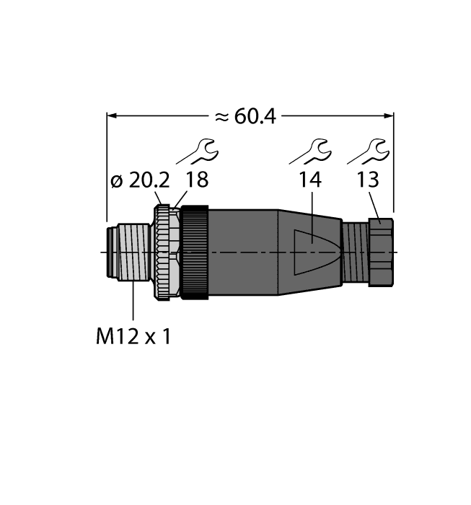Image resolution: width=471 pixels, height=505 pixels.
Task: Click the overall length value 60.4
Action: click(256, 117)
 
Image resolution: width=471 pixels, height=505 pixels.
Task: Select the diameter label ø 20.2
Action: click(136, 181)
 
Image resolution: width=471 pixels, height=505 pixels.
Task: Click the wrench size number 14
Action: click(310, 181)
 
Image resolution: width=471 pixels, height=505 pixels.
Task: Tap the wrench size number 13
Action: click(368, 181)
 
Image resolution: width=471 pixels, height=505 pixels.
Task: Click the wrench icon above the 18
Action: click(198, 152)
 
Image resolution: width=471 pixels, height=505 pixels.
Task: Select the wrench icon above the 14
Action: click(310, 152)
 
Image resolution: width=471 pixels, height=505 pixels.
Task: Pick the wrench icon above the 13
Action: click(368, 152)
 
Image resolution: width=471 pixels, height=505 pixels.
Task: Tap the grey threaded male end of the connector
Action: click(130, 252)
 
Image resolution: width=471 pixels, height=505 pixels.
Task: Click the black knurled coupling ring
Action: click(195, 252)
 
